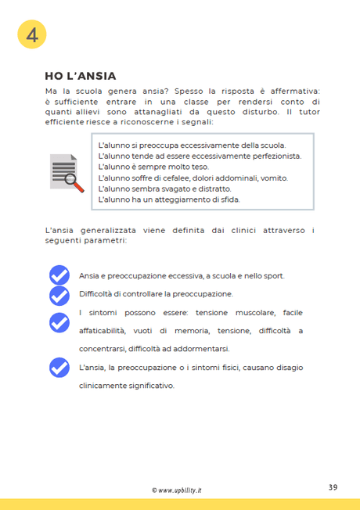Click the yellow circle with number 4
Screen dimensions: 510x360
point(32,34)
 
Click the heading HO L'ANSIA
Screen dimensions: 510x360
point(81,76)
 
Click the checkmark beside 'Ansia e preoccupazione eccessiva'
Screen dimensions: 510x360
point(59,275)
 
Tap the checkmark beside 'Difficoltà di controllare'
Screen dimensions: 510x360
point(59,295)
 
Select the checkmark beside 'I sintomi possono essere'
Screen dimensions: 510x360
point(59,321)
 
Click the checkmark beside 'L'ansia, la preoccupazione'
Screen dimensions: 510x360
point(59,367)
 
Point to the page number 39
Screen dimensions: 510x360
point(333,487)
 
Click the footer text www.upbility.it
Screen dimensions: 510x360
point(180,490)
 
